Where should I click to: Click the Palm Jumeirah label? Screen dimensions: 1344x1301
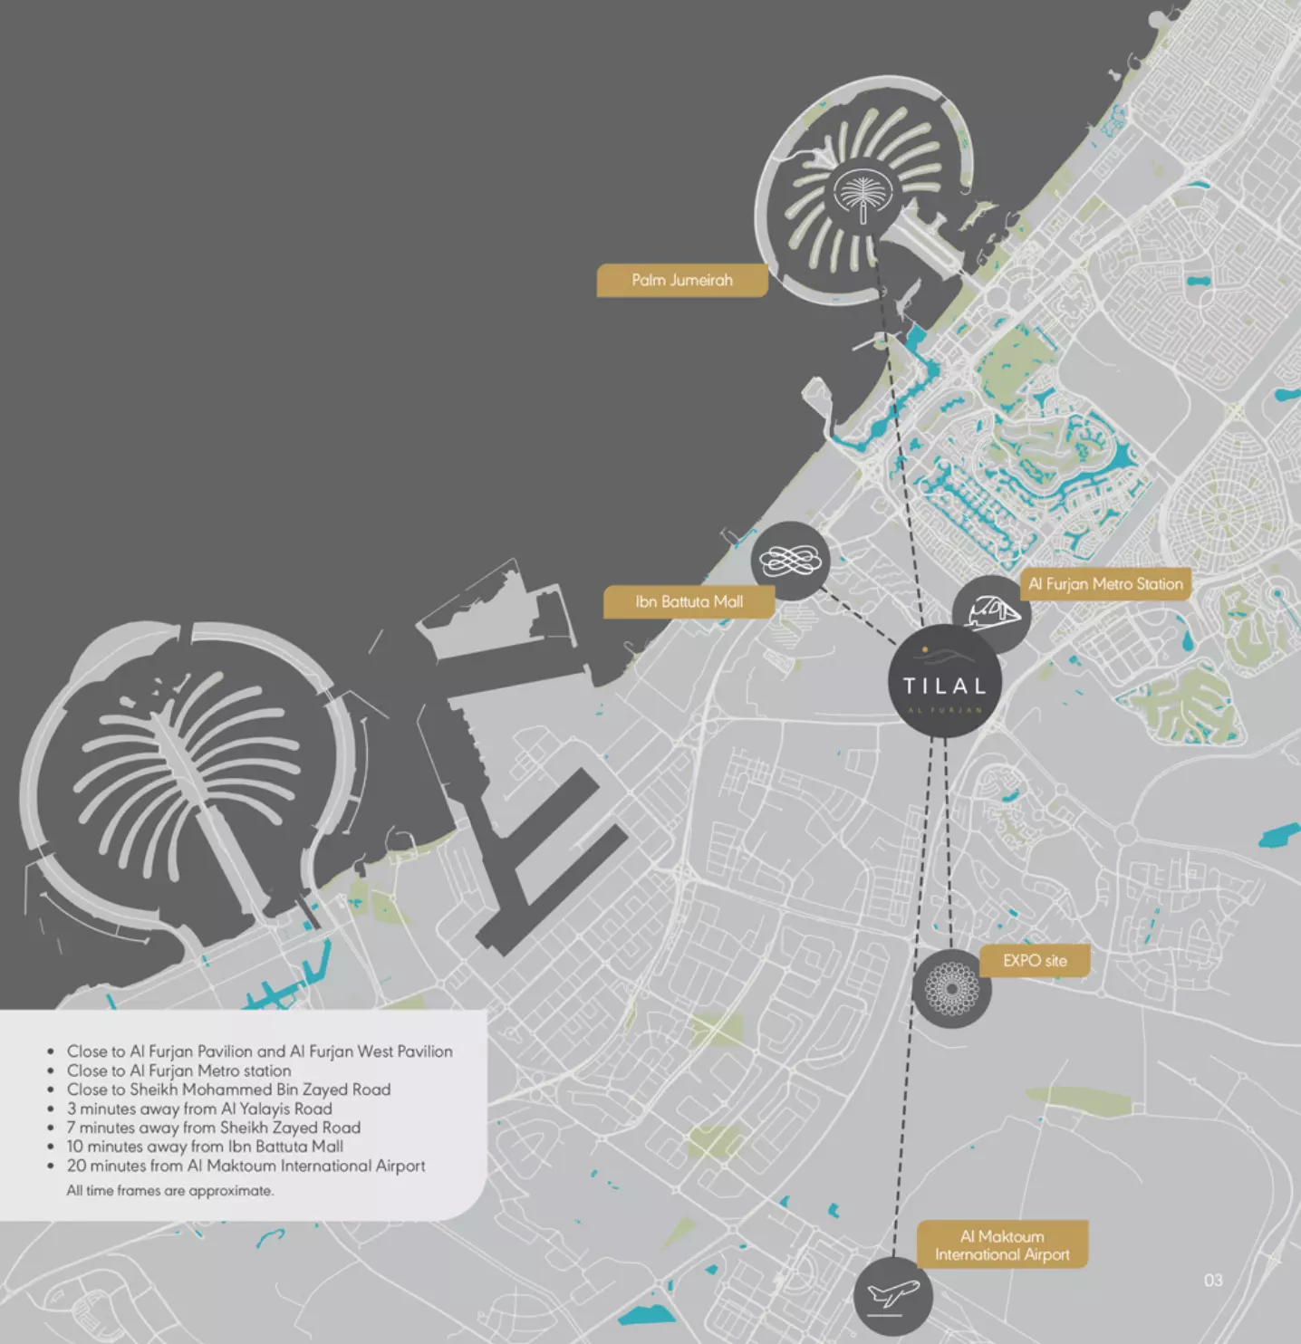681,281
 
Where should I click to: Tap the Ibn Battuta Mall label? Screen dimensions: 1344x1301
689,602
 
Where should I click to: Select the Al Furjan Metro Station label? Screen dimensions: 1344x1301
1105,584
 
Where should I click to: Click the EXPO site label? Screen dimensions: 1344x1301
1035,961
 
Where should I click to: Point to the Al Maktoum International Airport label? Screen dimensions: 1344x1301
1002,1245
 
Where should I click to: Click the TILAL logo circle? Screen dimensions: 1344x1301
944,682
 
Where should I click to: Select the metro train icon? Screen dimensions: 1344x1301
992,613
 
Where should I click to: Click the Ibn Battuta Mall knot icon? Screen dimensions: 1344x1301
790,561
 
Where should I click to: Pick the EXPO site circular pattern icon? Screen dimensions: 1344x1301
951,989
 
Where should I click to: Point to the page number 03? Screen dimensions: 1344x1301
1213,1280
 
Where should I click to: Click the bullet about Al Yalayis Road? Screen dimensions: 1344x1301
199,1109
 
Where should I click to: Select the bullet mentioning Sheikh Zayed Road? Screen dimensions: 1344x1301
214,1128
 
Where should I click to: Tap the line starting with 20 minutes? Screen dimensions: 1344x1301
246,1166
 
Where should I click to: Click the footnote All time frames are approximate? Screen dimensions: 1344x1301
169,1190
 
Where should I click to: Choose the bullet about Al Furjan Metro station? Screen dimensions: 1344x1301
179,1070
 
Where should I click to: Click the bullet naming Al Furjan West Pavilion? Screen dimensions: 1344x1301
260,1051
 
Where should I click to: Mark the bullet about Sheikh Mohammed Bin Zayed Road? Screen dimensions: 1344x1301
229,1090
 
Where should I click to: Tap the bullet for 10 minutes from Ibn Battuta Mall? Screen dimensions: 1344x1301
205,1147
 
